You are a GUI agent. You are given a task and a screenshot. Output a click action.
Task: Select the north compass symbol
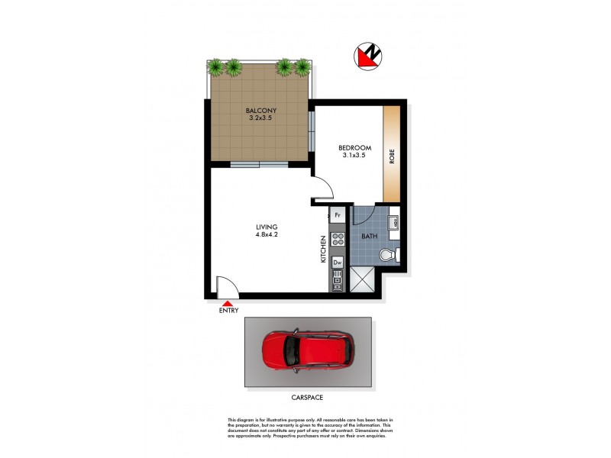point(369,55)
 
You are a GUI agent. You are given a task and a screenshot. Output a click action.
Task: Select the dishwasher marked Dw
point(338,262)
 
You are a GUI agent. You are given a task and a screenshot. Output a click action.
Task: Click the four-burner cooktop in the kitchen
point(338,239)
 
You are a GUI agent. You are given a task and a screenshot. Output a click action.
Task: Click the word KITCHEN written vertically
point(324,249)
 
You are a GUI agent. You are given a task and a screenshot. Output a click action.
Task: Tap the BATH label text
point(369,237)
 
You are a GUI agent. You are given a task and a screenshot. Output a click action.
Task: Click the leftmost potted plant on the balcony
point(217,67)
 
